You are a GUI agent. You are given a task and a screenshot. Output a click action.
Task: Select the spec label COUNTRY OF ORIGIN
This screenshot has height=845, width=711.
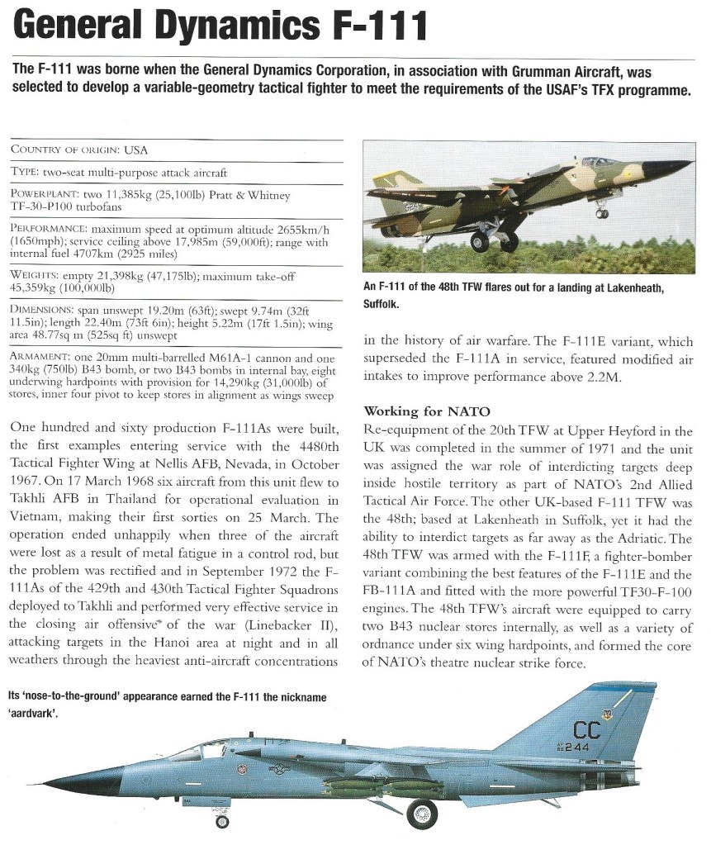pos(66,150)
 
